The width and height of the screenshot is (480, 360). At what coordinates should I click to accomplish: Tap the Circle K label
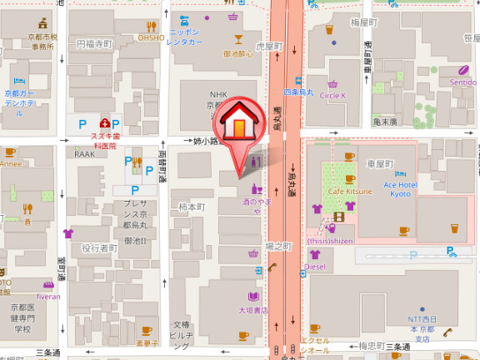332,96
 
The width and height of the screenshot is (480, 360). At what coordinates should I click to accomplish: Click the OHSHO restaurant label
151,37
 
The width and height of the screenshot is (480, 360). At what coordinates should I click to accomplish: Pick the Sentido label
462,82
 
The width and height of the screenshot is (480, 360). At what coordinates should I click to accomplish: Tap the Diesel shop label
315,267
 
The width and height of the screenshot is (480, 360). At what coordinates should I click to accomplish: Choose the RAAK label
84,154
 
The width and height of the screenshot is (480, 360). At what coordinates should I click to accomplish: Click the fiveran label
48,296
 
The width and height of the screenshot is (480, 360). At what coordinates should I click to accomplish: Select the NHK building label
218,95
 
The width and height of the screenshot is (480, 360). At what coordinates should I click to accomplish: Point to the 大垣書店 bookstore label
253,310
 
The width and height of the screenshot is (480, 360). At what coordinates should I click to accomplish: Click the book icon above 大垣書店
253,296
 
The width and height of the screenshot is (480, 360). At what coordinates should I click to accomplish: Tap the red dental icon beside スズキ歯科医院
105,123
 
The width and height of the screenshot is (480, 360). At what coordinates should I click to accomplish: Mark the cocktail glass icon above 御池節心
237,39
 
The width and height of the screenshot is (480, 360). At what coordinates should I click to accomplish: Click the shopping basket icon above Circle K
332,83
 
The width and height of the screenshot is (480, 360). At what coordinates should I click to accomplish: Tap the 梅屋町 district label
364,22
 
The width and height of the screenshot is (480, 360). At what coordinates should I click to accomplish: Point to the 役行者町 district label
98,248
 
